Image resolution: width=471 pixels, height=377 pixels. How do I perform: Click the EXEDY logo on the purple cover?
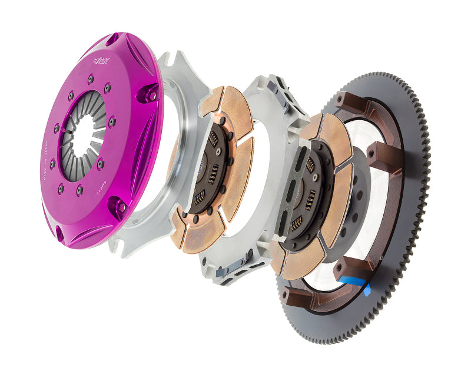100,59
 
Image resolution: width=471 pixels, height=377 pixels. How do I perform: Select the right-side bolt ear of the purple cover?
148,94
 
